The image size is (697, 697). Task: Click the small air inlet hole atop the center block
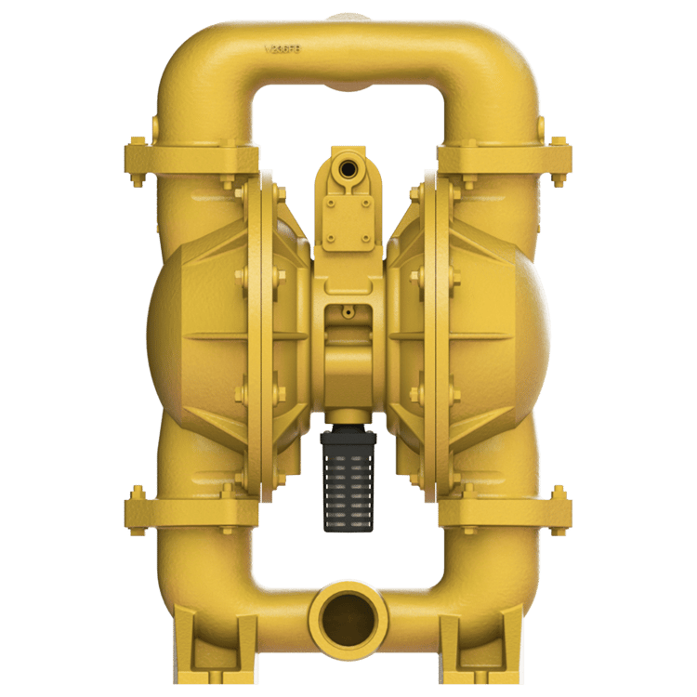tap(348, 168)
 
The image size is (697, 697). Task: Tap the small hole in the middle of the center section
tap(348, 313)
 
